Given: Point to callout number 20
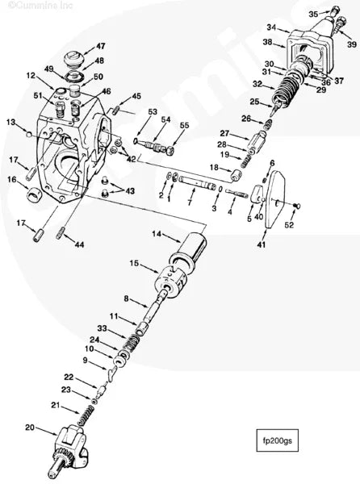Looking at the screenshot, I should [31, 428].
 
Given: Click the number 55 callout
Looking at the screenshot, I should [184, 126].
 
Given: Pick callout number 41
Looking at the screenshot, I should [261, 243].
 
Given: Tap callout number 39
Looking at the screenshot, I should [351, 44].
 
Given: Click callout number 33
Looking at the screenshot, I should [102, 328].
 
